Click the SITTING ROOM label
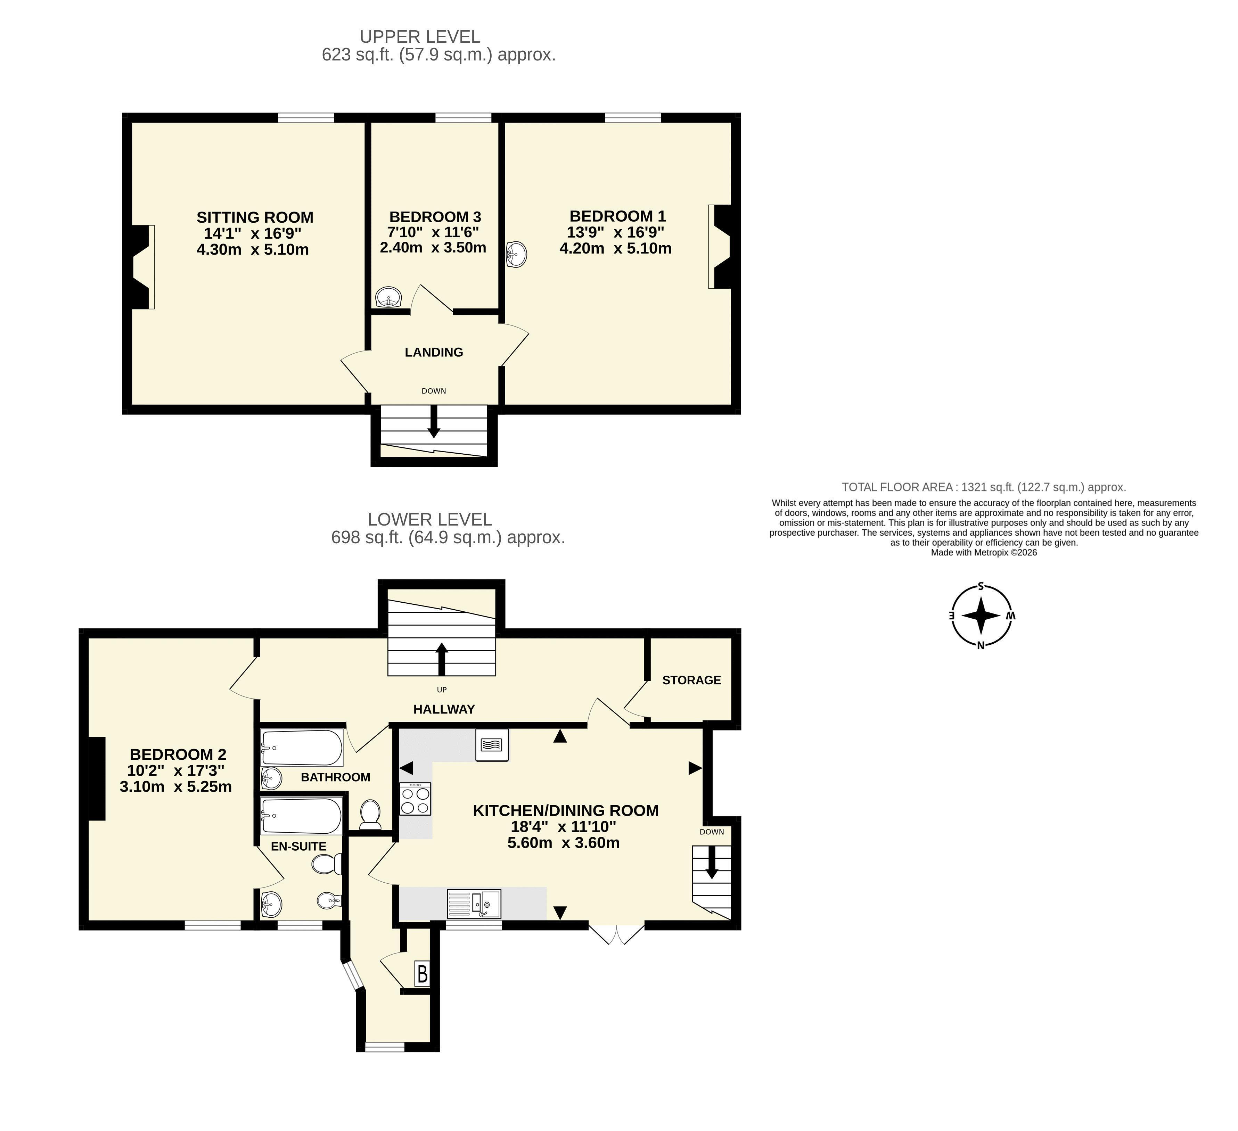pyautogui.click(x=255, y=217)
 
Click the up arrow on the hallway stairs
pyautogui.click(x=441, y=659)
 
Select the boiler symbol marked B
pyautogui.click(x=423, y=974)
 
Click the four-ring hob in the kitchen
pyautogui.click(x=415, y=799)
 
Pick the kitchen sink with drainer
pyautogui.click(x=474, y=903)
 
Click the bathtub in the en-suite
pyautogui.click(x=301, y=815)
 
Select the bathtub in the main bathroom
pyautogui.click(x=302, y=747)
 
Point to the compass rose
pyautogui.click(x=981, y=616)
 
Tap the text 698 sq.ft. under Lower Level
pyautogui.click(x=367, y=538)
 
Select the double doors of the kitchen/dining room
pyautogui.click(x=616, y=933)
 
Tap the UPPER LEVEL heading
pyautogui.click(x=420, y=37)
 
